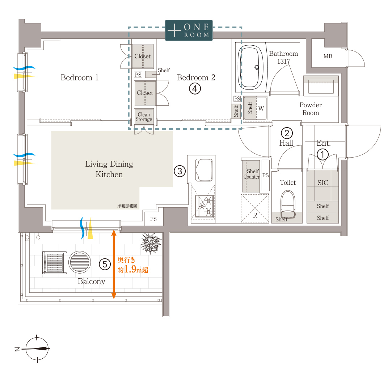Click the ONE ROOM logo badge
[x=189, y=30]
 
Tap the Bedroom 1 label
[x=80, y=78]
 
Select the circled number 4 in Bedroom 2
[x=195, y=89]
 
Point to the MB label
[x=328, y=56]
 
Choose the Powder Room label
[x=311, y=109]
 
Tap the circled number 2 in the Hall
[x=287, y=133]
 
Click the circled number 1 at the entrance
[x=323, y=154]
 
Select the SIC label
[x=323, y=183]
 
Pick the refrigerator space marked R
[x=255, y=208]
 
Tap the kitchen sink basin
[x=204, y=170]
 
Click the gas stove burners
[x=205, y=206]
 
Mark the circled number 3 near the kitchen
[x=180, y=171]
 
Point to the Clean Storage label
[x=144, y=117]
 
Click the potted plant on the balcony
[x=151, y=243]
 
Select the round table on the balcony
[x=80, y=262]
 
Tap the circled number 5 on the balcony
[x=105, y=265]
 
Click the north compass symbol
[x=37, y=349]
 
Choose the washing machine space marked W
[x=261, y=108]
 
